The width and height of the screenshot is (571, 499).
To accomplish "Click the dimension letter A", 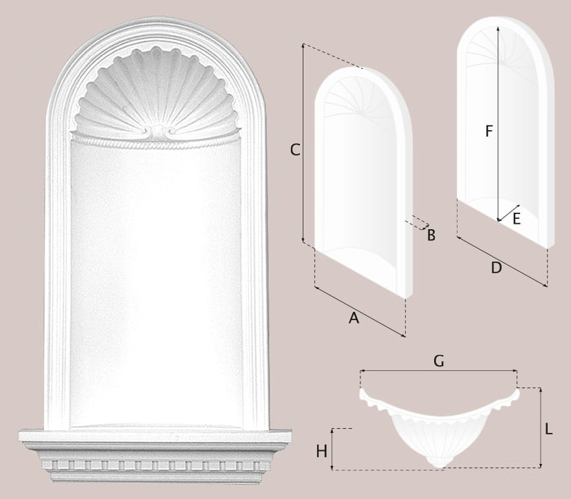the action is tap(354, 318).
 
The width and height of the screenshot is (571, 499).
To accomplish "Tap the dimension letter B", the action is tap(431, 235).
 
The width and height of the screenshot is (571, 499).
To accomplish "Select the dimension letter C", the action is tap(295, 150).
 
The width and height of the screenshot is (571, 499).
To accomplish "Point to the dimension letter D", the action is tap(496, 268).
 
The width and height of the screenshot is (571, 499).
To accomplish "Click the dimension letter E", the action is tap(517, 219).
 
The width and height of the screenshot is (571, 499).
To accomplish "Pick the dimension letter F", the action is tap(489, 131).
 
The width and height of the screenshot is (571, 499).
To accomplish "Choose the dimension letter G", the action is tap(439, 361).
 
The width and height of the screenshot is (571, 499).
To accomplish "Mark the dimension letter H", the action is tap(321, 452).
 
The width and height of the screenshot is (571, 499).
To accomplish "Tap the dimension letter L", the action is tap(549, 429).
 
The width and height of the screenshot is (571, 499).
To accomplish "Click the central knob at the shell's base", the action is tap(158, 131).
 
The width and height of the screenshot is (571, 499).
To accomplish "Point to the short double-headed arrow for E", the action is tap(508, 213).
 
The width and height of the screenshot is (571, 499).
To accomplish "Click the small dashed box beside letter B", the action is tap(418, 222).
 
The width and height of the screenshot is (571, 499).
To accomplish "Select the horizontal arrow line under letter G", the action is tap(438, 371).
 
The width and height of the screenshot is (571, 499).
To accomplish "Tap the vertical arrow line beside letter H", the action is tap(332, 449).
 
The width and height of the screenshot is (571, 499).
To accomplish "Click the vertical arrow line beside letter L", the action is tap(541, 427).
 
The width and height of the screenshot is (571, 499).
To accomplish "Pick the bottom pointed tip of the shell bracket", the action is tap(440, 467).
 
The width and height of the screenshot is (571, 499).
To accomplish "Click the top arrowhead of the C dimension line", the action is tap(303, 45).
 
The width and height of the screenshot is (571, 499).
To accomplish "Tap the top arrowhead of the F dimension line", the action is tap(498, 28).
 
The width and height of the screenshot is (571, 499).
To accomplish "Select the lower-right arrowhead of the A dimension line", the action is tap(404, 336).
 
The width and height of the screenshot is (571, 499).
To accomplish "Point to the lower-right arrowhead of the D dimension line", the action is tap(545, 286).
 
